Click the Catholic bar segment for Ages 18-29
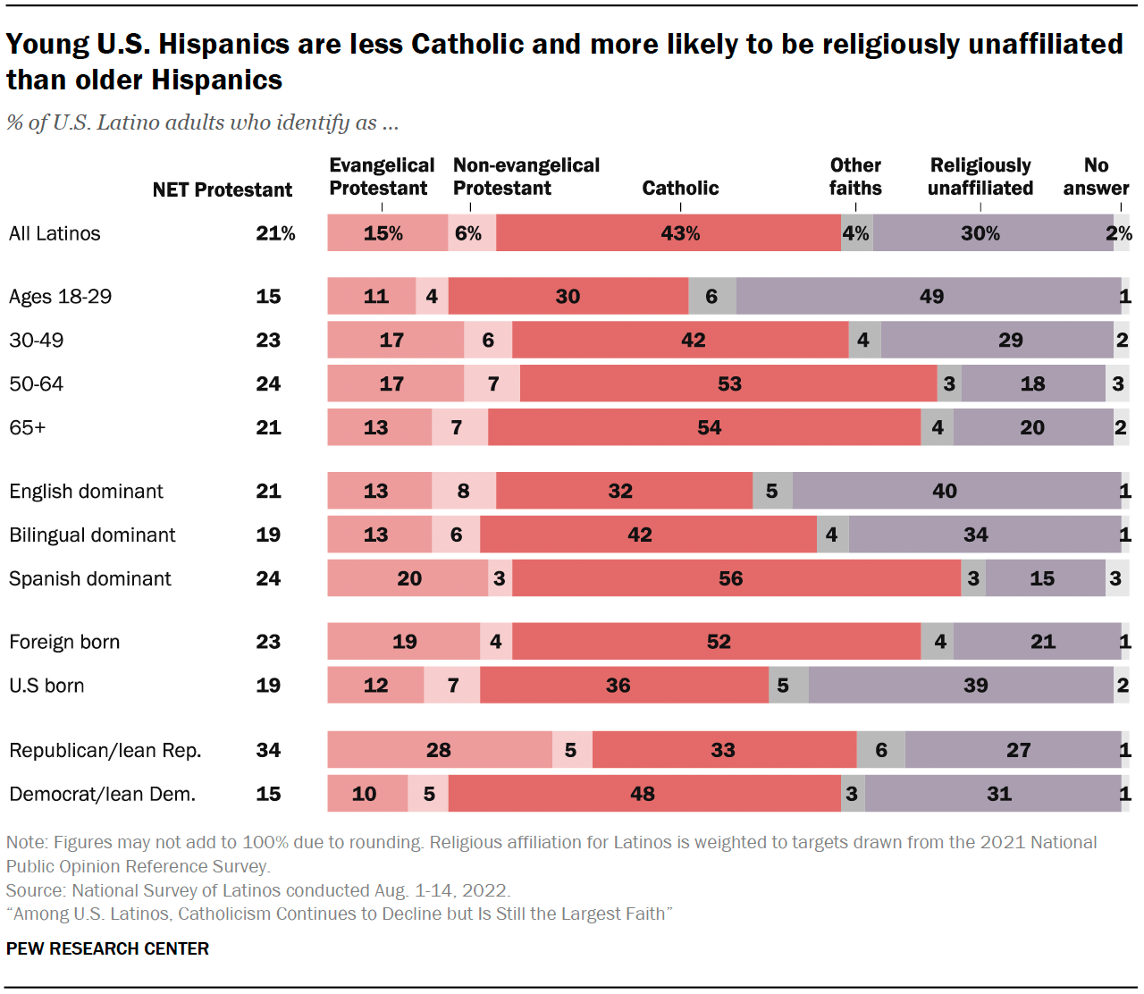pos(568,296)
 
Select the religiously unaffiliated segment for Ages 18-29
pos(929,296)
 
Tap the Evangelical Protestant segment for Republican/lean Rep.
pos(439,750)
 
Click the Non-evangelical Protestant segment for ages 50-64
pos(492,383)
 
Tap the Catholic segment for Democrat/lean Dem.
pos(643,794)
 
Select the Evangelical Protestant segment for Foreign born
pos(404,642)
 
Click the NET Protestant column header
pos(222,190)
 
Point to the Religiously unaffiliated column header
pos(980,177)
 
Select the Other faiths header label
pos(855,177)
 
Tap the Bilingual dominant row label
pos(92,535)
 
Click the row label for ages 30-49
pos(36,340)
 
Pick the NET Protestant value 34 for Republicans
pos(268,750)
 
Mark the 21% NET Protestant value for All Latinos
pos(275,233)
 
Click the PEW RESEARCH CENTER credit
pos(107,948)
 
